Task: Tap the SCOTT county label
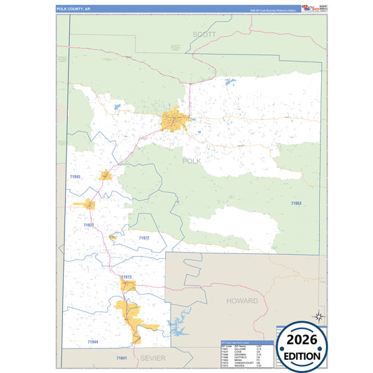pyautogui.click(x=205, y=34)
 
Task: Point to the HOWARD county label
pyautogui.click(x=241, y=300)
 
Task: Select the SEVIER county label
pyautogui.click(x=153, y=357)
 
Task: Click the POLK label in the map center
pyautogui.click(x=191, y=161)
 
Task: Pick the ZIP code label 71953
pyautogui.click(x=296, y=203)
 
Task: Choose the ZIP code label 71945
pyautogui.click(x=76, y=177)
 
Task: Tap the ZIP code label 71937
pyautogui.click(x=88, y=225)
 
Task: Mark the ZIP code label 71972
pyautogui.click(x=143, y=238)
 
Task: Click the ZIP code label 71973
pyautogui.click(x=126, y=277)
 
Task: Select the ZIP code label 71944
pyautogui.click(x=92, y=342)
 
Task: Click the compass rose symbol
pyautogui.click(x=318, y=316)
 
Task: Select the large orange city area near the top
pyautogui.click(x=175, y=120)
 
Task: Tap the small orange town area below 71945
pyautogui.click(x=90, y=204)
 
